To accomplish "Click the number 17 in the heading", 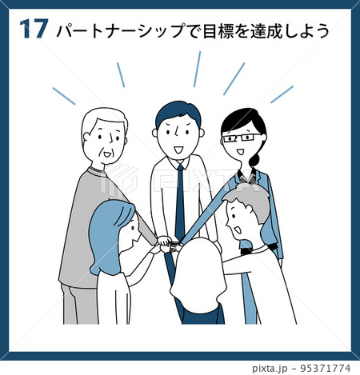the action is tap(34, 29).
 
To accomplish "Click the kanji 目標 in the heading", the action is tap(218, 30).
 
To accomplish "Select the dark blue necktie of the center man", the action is tap(180, 202).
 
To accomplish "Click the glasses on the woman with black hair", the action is tap(242, 138).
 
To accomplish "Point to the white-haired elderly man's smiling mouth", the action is tap(107, 154).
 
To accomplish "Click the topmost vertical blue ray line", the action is tap(197, 69).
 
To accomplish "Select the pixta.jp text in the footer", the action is tap(270, 369).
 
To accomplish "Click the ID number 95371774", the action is tap(326, 368).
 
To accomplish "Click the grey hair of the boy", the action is tap(248, 201).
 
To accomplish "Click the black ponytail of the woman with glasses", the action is tap(254, 160).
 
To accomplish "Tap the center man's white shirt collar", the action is tap(179, 162).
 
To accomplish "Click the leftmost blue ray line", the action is tap(64, 96).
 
